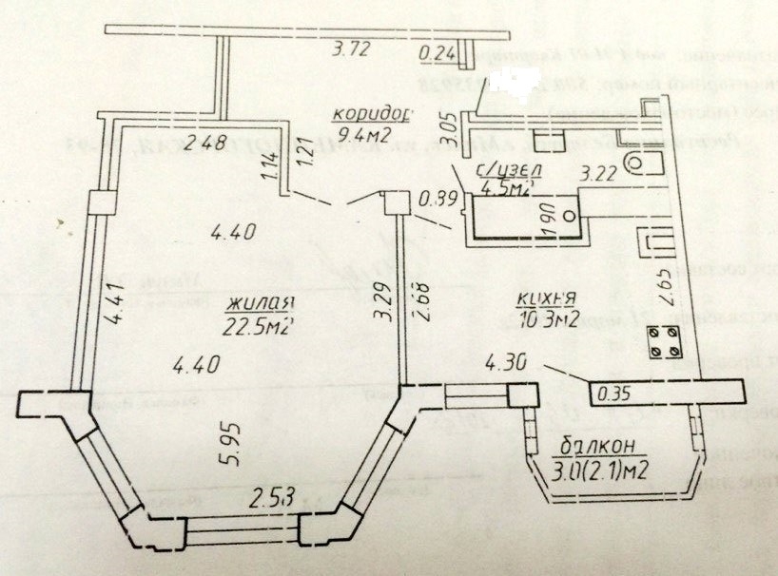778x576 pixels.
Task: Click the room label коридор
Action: [x=371, y=115]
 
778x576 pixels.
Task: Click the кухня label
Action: [x=545, y=301]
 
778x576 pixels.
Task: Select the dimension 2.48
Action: [x=207, y=144]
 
